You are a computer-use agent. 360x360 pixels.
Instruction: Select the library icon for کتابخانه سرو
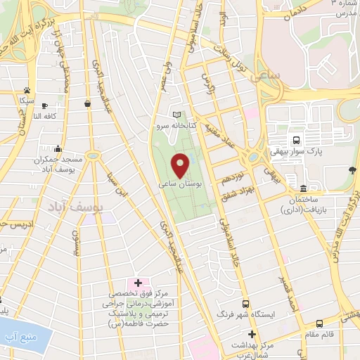point(176,115)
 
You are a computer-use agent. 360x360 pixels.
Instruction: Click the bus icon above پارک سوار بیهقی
point(297,139)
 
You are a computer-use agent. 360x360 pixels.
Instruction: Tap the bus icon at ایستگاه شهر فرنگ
point(245,304)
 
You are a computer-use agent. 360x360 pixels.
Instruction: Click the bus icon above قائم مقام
point(321,324)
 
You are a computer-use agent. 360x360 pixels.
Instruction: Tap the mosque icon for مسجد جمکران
point(58,149)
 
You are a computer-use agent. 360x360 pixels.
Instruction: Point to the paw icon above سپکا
point(27,90)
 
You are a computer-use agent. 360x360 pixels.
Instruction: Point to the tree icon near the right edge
point(352,169)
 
